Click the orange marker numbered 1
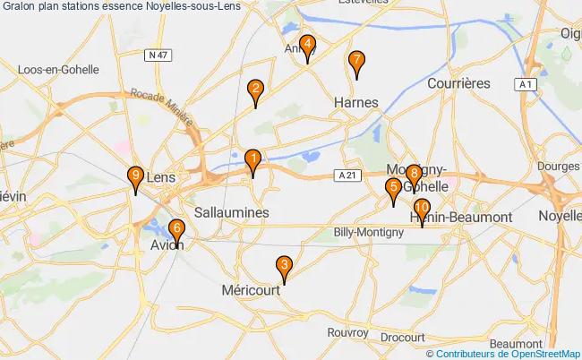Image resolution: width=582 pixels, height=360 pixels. point(252,161)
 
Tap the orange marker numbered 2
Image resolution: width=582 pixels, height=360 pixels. point(256,90)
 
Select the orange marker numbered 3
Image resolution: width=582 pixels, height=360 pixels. point(284,266)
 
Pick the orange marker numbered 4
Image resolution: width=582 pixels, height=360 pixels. point(307,46)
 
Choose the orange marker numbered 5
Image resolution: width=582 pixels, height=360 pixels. point(393,189)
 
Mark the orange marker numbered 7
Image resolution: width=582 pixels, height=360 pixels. point(356,62)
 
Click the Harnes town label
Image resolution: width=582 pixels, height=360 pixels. point(355,101)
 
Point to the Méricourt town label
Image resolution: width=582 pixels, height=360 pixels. point(252,291)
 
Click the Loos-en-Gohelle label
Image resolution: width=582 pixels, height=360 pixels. point(56,68)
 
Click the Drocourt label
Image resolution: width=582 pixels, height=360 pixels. point(402,337)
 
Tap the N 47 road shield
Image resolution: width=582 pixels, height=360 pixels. point(158,55)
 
